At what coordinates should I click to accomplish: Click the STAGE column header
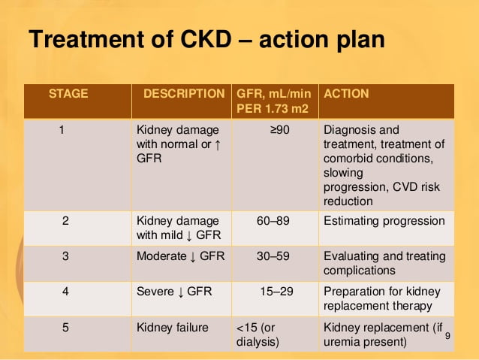click(68, 94)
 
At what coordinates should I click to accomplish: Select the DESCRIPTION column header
click(184, 94)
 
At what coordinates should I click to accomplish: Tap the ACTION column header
click(346, 94)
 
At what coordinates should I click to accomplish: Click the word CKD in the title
click(206, 39)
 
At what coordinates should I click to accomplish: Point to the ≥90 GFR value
click(280, 130)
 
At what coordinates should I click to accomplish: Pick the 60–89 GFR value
click(273, 221)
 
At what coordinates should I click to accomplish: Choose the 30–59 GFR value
click(273, 256)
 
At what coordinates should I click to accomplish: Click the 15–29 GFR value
click(276, 291)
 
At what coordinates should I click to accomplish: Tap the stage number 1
click(62, 130)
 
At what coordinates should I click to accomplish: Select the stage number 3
click(65, 256)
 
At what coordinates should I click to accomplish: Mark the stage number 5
click(65, 328)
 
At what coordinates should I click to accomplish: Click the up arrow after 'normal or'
click(218, 144)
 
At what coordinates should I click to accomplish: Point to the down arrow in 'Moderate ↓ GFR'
click(193, 257)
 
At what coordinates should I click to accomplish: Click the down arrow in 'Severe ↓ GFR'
click(180, 292)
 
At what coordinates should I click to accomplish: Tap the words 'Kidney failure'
click(173, 328)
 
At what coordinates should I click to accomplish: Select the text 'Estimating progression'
click(384, 221)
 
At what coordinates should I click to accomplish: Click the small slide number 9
click(447, 336)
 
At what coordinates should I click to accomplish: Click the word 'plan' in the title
click(361, 41)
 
